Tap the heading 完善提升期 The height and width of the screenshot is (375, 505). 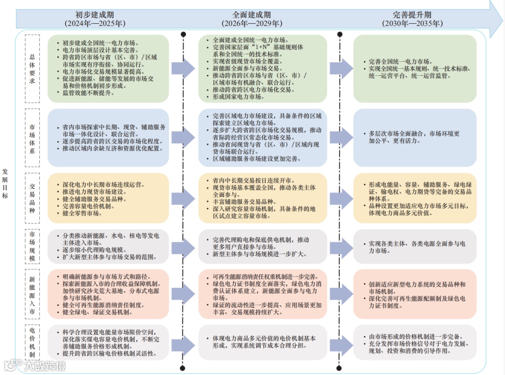(x=411, y=14)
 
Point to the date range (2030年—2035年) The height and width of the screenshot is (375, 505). (x=411, y=23)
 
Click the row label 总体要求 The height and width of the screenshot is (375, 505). (x=32, y=68)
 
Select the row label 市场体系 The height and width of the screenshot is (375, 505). (x=32, y=137)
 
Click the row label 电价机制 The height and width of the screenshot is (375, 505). (x=32, y=342)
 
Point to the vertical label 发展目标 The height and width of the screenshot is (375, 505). (x=5, y=183)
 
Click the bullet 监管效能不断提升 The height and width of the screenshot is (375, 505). (x=88, y=93)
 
